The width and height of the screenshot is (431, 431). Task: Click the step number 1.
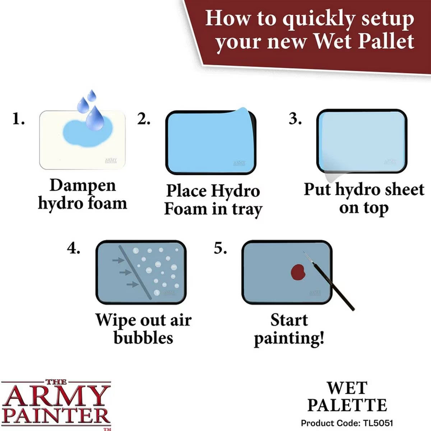18,119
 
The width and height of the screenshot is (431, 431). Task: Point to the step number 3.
295,119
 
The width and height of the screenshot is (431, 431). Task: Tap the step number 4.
74,248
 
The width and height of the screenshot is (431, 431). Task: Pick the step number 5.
220,248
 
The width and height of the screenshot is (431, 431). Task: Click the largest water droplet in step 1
95,116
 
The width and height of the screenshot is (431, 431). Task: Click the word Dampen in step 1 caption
83,185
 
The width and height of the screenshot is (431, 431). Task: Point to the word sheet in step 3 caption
402,189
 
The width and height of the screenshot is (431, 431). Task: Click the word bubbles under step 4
143,338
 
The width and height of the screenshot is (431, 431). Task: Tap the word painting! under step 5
289,338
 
